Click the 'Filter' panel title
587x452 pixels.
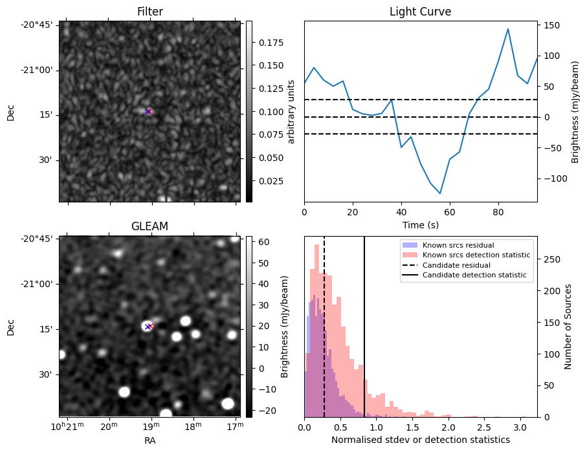click(x=150, y=12)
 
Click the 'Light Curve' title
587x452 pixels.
click(x=420, y=12)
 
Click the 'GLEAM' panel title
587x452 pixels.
click(x=150, y=226)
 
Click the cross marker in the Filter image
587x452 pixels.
click(x=148, y=112)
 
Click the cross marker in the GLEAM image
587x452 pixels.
click(x=148, y=327)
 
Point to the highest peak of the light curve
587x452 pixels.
click(x=508, y=29)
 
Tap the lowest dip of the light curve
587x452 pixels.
click(x=440, y=193)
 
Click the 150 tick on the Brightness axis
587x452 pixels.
click(x=551, y=25)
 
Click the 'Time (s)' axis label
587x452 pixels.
click(x=420, y=223)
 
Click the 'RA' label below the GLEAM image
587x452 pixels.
click(x=150, y=440)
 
